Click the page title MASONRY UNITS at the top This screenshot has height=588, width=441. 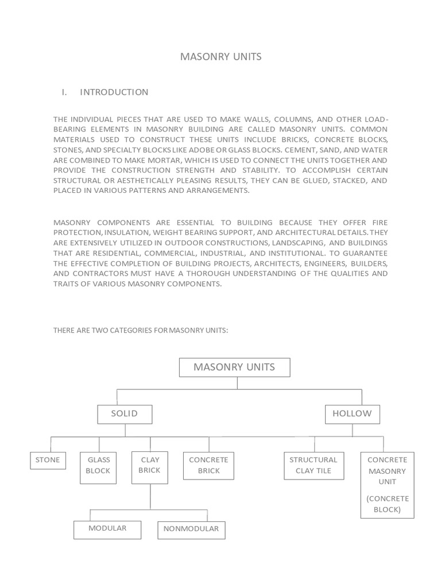tap(221, 56)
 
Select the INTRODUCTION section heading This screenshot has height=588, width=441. tap(114, 92)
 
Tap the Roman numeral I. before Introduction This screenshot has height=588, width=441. tap(65, 92)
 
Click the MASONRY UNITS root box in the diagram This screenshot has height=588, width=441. tap(234, 367)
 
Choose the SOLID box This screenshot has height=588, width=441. tap(125, 413)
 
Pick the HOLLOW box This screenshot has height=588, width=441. tap(352, 413)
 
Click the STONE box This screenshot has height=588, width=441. tap(48, 460)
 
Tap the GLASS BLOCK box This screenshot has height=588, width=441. tap(98, 465)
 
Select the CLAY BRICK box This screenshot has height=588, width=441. tap(150, 465)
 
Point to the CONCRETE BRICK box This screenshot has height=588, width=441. tap(208, 465)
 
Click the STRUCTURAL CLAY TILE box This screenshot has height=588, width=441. tap(313, 465)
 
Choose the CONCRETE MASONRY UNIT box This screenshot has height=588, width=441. tap(387, 471)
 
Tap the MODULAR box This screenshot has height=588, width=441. tap(107, 528)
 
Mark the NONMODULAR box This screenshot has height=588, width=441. tap(191, 529)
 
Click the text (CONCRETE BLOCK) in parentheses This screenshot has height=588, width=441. tap(387, 504)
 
